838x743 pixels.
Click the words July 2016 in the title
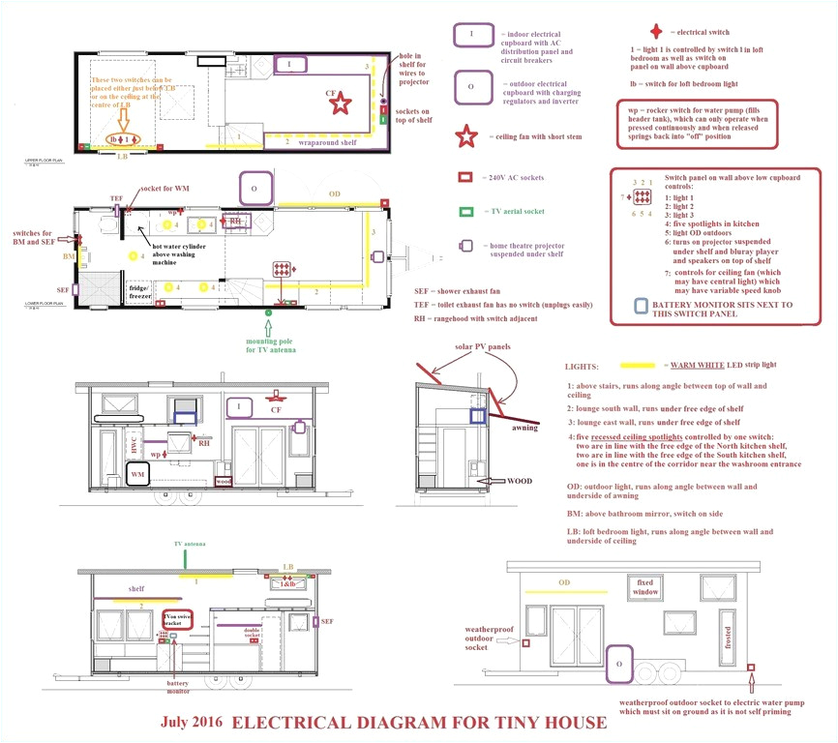[192, 723]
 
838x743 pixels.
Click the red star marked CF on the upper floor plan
[340, 101]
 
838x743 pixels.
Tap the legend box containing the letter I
[470, 35]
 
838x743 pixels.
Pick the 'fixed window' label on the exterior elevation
[646, 586]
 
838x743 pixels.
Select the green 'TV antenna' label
[189, 545]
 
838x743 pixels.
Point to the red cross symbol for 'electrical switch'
[657, 30]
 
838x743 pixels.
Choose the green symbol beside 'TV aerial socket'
[465, 211]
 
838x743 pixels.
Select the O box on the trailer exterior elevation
[618, 665]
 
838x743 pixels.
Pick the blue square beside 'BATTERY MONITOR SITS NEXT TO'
[640, 306]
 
